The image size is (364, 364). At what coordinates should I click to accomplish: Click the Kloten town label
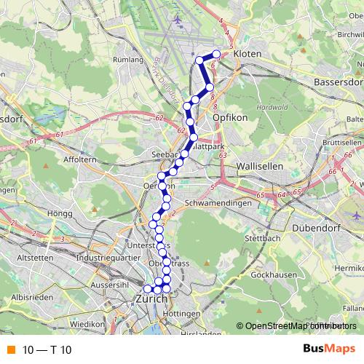(248, 64)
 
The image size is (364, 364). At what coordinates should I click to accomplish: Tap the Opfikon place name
(232, 116)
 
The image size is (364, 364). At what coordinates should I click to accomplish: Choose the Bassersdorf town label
(338, 82)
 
